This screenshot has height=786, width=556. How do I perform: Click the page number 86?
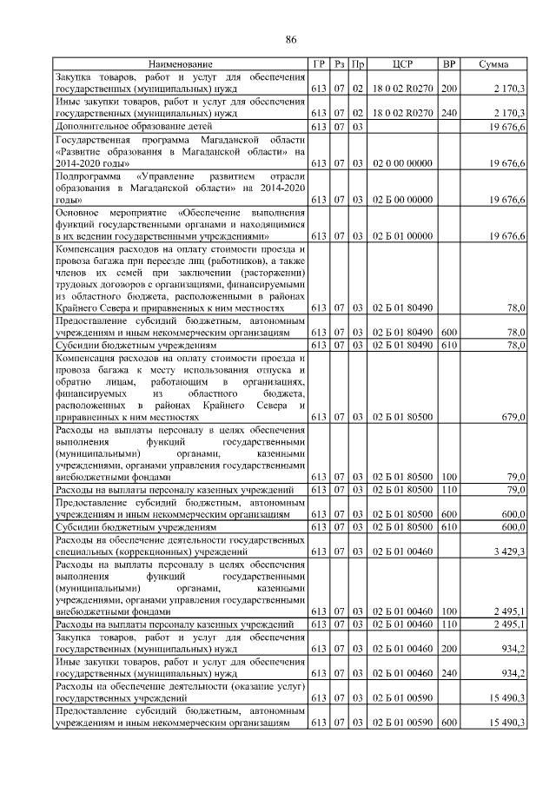pos(291,39)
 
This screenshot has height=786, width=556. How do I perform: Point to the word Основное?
pos(76,211)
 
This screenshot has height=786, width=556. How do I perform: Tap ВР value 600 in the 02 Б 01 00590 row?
pos(449,723)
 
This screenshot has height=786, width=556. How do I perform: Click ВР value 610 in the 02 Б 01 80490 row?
pos(449,345)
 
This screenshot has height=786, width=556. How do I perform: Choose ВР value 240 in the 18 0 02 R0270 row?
pos(449,113)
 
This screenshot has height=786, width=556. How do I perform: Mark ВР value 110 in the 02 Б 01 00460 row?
pos(449,624)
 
